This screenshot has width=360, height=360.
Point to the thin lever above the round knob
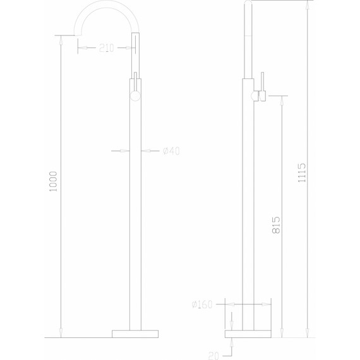pos(134,82)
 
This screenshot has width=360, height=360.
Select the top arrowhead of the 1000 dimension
pos(60,39)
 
